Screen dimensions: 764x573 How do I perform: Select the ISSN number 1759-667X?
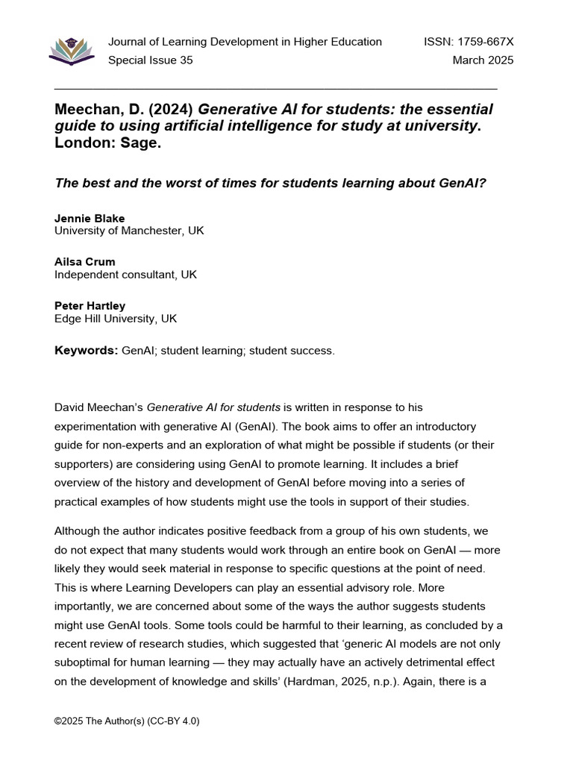pyautogui.click(x=469, y=42)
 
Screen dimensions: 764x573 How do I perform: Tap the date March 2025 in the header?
pyautogui.click(x=483, y=60)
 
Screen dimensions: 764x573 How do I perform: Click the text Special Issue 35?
pyautogui.click(x=150, y=60)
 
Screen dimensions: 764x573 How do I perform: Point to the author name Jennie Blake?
pyautogui.click(x=90, y=219)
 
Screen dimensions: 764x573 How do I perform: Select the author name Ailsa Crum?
pyautogui.click(x=85, y=262)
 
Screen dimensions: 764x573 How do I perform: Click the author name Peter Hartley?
pyautogui.click(x=90, y=306)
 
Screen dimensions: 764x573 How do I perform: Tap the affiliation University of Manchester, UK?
pyautogui.click(x=129, y=231)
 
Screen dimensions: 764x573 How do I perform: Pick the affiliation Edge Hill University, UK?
pyautogui.click(x=116, y=319)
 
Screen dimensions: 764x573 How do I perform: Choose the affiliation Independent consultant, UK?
pyautogui.click(x=125, y=275)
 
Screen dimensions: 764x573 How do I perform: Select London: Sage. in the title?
pyautogui.click(x=108, y=143)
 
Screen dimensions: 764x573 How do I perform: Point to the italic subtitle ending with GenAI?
pyautogui.click(x=270, y=182)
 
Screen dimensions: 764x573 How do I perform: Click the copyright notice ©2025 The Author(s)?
pyautogui.click(x=127, y=721)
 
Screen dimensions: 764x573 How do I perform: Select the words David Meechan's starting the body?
pyautogui.click(x=98, y=407)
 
